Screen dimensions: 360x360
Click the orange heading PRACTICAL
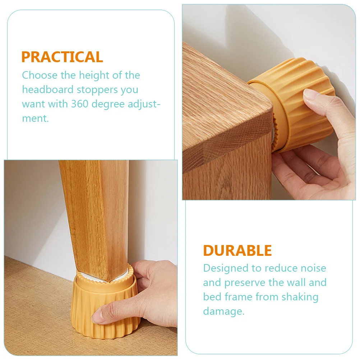coord(62,57)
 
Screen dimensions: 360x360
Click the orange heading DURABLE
coord(237,250)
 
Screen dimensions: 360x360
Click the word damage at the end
coord(223,311)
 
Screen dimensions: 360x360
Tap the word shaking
coord(300,297)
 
